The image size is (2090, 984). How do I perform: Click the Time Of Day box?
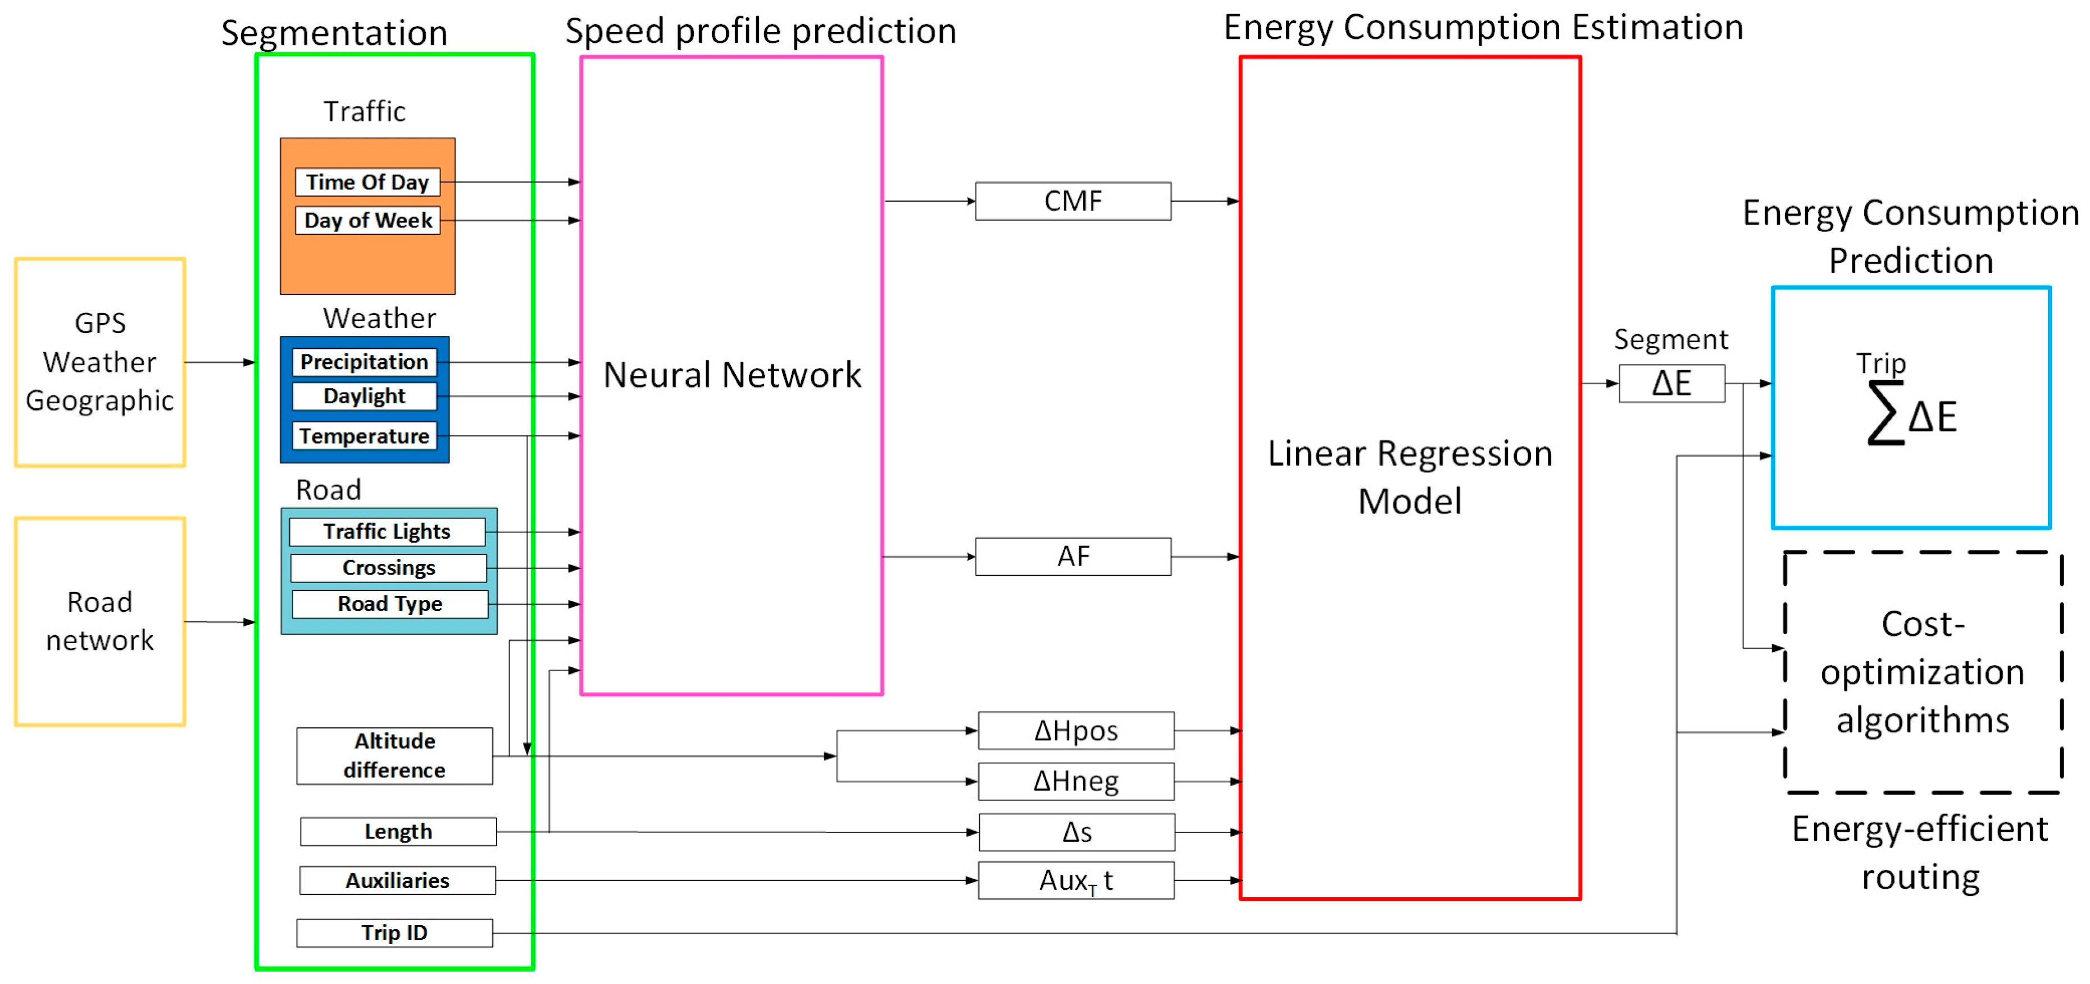click(x=367, y=182)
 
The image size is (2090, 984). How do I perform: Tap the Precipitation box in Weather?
click(x=364, y=362)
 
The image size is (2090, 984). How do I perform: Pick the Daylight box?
click(x=364, y=397)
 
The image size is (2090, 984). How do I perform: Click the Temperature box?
click(x=364, y=436)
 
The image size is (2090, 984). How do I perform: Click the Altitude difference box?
click(x=394, y=756)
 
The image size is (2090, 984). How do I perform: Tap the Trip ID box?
click(x=394, y=933)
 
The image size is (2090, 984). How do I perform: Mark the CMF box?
click(x=1073, y=201)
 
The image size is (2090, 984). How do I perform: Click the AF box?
click(x=1073, y=557)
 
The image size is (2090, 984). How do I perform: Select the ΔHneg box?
click(x=1076, y=781)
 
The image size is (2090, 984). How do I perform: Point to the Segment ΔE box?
click(x=1671, y=384)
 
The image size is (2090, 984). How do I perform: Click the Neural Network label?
click(x=732, y=375)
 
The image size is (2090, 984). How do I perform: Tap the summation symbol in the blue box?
click(x=1885, y=414)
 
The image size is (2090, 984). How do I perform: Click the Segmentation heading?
click(x=334, y=33)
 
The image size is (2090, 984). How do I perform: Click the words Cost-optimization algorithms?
click(x=1922, y=672)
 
